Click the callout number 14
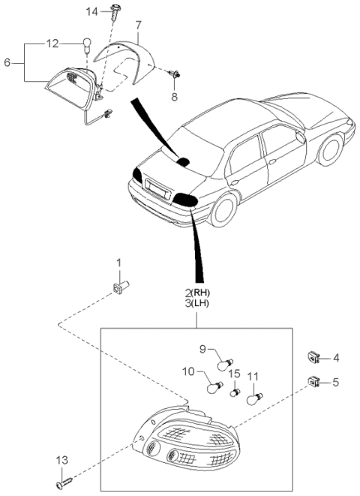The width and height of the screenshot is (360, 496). (92, 12)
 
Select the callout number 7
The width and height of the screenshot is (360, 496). (139, 25)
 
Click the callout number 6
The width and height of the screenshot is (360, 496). (7, 62)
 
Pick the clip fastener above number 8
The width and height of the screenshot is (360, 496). (174, 74)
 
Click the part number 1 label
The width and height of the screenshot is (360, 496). (118, 263)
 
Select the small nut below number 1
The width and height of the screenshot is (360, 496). (121, 287)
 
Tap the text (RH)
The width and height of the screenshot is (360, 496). (200, 292)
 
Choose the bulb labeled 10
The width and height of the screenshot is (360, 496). (214, 387)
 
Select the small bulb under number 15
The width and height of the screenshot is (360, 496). (235, 392)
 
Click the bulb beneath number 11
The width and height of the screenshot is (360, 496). (255, 399)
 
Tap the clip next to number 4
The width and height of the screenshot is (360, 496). (313, 357)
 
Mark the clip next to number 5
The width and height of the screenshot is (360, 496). (313, 382)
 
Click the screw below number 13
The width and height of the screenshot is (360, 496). (64, 482)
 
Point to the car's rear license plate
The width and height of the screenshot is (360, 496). (158, 189)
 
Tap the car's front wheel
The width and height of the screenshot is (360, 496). (331, 150)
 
